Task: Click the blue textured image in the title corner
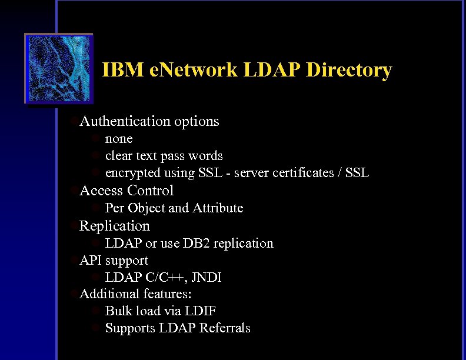click(58, 69)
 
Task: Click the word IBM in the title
click(122, 71)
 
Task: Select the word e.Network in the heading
click(192, 71)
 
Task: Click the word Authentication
click(125, 121)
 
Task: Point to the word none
click(118, 139)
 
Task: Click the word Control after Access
click(150, 191)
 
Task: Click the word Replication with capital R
click(115, 226)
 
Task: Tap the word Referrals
click(225, 328)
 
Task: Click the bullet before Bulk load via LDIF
click(97, 311)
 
